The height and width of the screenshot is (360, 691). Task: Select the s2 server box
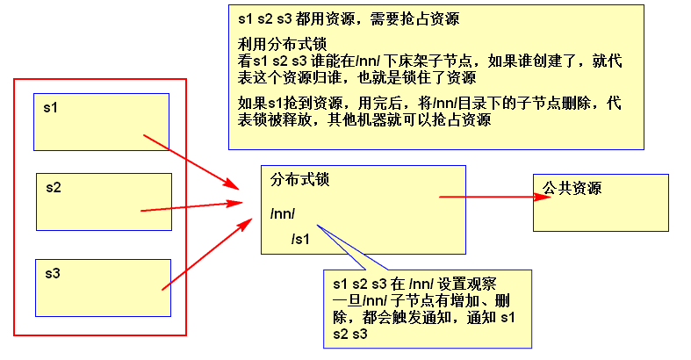coord(103,201)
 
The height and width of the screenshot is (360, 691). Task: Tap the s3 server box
coord(102,286)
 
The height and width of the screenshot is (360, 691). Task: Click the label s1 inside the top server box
coord(52,107)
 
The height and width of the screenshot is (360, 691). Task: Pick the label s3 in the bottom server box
coord(54,273)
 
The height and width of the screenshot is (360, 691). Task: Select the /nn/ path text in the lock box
coord(283,214)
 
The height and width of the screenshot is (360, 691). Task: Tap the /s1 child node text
coord(300,238)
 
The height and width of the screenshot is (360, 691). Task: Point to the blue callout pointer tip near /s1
coord(318,227)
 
